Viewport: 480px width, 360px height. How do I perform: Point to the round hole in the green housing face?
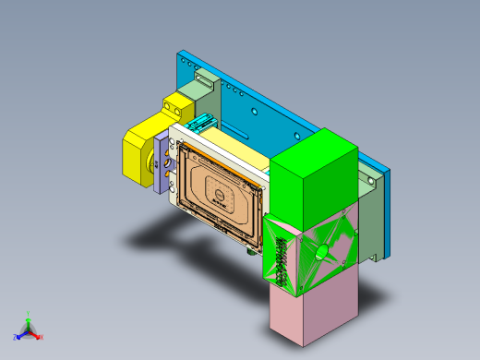[321, 250]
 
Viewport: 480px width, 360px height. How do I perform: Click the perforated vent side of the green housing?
[281, 259]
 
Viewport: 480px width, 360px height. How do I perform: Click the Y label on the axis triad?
[30, 313]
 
